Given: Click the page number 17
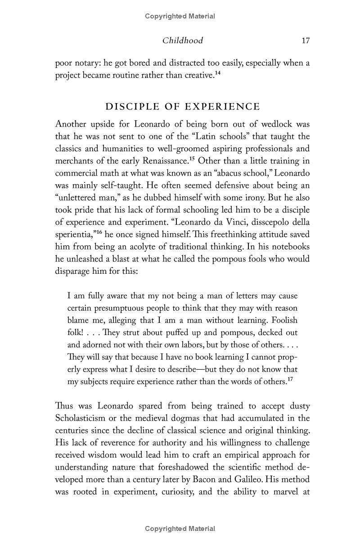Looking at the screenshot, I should click(x=306, y=41).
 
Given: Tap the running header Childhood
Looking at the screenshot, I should click(x=182, y=41).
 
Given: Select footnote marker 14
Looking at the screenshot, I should click(x=217, y=73).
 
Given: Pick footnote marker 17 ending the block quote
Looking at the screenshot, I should click(x=290, y=379).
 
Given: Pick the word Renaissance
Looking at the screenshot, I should click(x=165, y=160).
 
